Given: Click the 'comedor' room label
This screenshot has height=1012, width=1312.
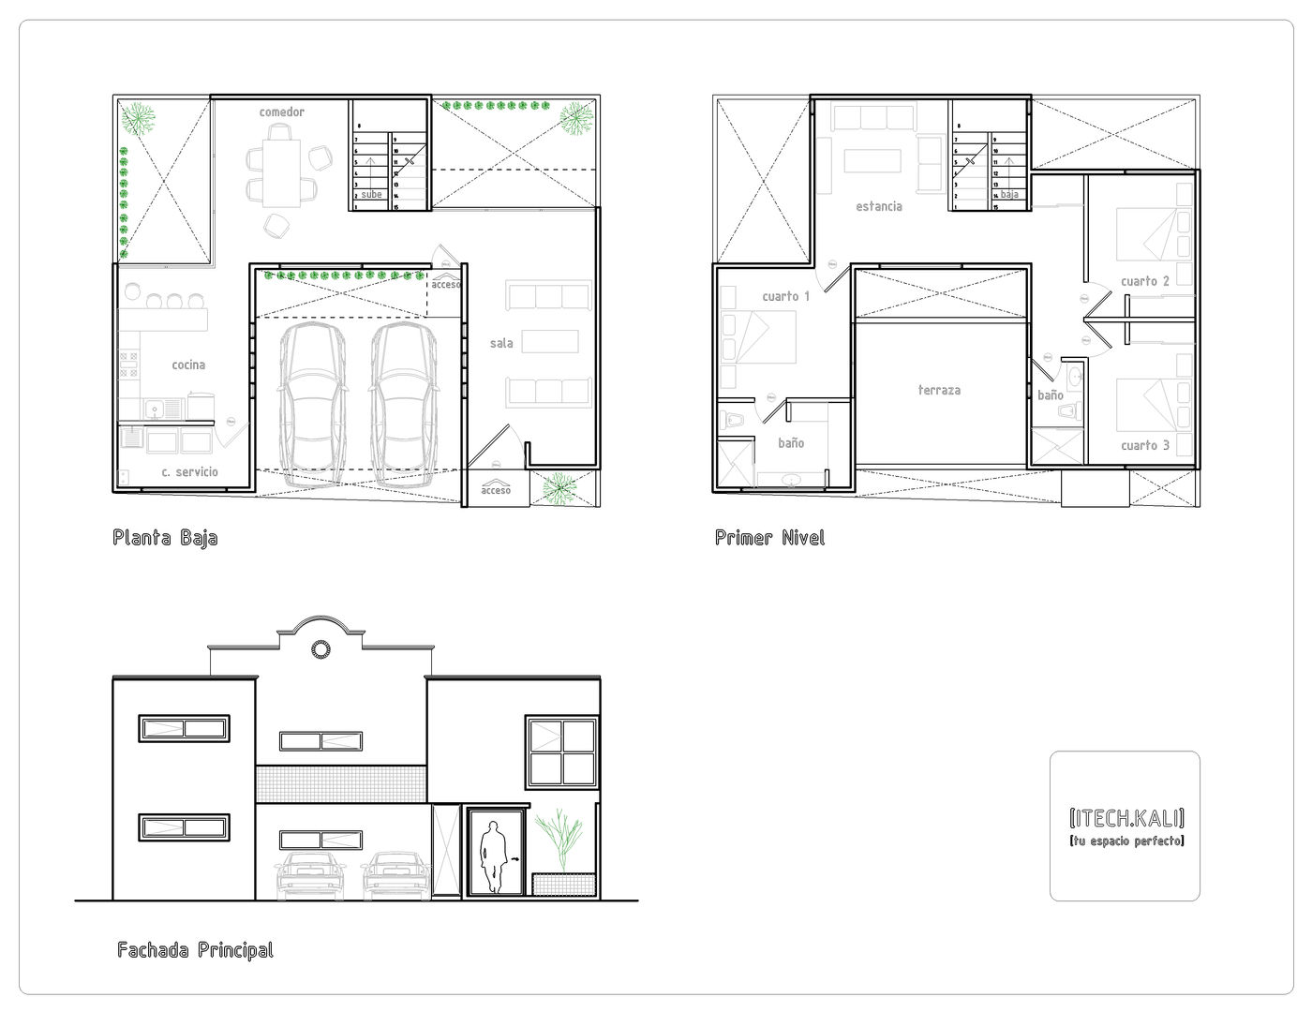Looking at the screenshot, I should (282, 112).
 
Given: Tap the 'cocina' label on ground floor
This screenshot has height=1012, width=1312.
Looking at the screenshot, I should (188, 365).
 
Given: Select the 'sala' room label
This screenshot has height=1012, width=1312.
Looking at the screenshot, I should (501, 344).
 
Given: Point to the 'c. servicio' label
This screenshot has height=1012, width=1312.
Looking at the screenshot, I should (189, 471).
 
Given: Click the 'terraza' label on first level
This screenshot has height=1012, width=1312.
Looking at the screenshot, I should (939, 390).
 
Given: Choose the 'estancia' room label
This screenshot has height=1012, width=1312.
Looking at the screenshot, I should (879, 206).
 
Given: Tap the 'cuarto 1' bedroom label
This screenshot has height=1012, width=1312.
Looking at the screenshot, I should (786, 296).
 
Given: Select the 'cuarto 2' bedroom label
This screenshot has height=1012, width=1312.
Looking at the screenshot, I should (1145, 281).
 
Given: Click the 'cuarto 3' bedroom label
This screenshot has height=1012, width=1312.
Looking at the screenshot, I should (1145, 445).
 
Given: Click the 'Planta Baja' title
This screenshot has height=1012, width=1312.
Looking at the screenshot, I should (165, 538).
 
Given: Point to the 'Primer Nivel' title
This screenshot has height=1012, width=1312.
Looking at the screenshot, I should (769, 538).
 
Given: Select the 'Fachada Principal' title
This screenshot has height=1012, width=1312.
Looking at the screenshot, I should (196, 950).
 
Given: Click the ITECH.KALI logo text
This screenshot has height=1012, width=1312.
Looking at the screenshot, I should (1126, 817).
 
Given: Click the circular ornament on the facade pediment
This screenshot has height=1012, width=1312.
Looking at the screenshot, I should (321, 648).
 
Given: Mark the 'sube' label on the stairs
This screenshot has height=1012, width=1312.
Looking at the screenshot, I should (371, 195).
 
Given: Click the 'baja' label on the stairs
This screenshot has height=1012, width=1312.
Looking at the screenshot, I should (1008, 195).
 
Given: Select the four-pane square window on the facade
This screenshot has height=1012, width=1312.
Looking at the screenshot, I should (560, 752).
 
